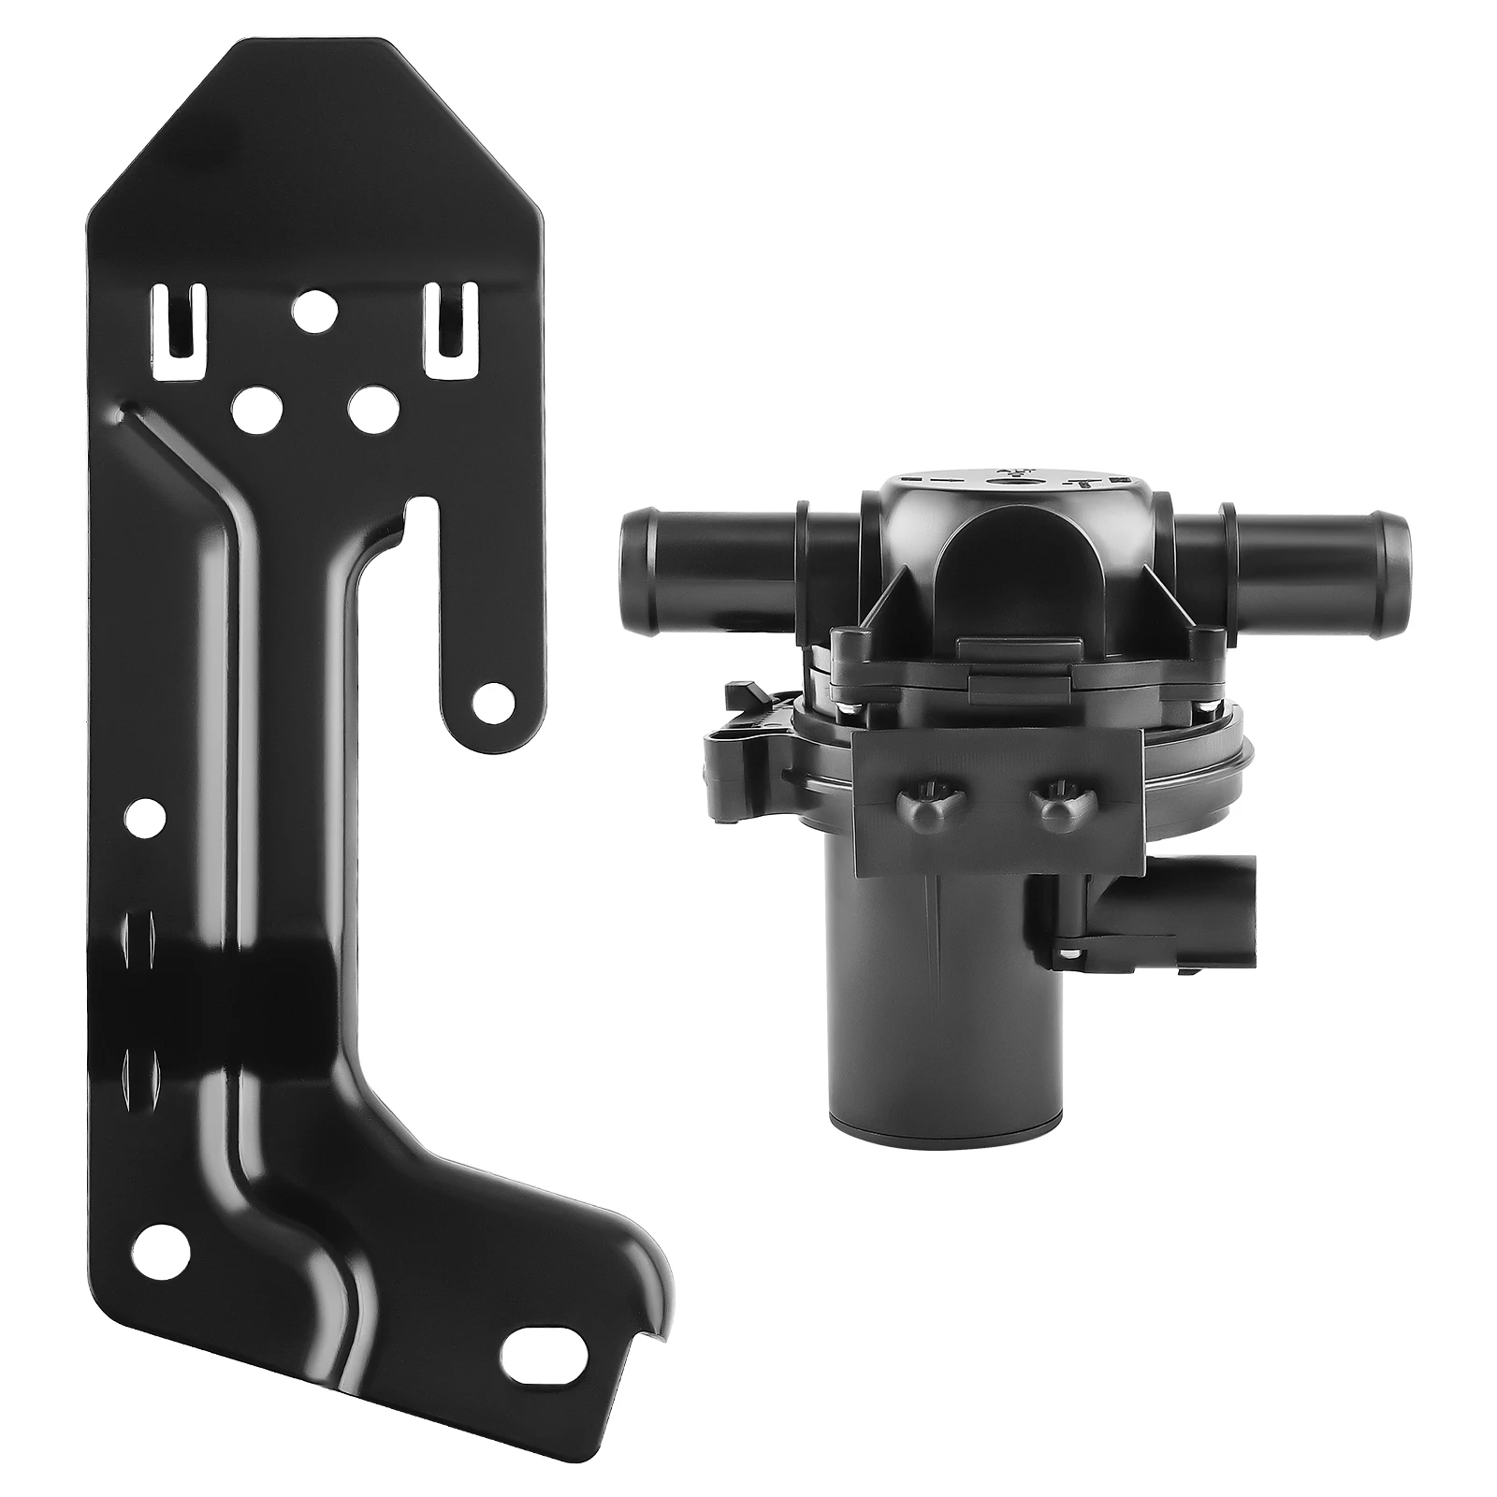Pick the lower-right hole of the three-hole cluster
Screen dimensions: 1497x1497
click(x=372, y=406)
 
